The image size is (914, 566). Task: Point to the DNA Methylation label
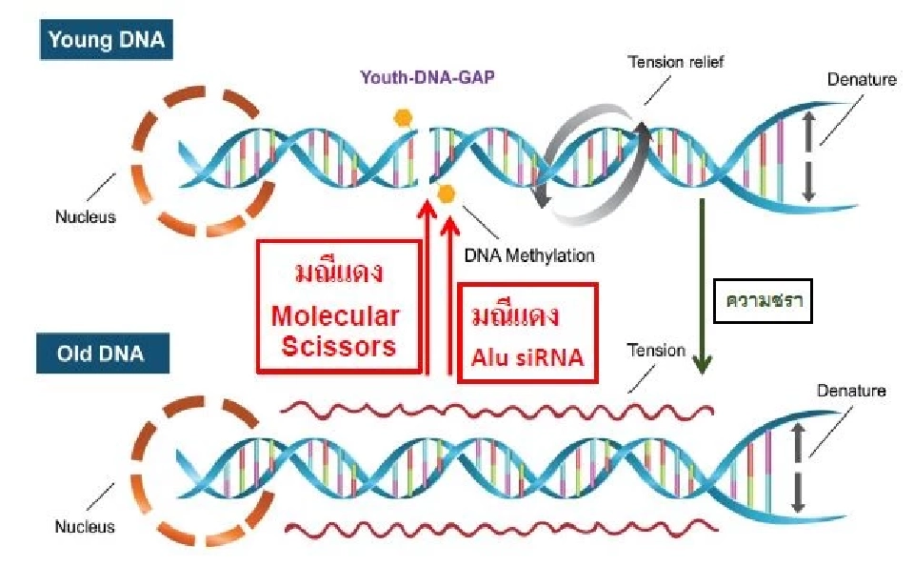click(x=528, y=255)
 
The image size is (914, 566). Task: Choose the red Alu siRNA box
click(x=527, y=333)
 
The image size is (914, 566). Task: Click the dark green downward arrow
click(x=703, y=286)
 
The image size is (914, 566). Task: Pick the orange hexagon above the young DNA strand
click(x=404, y=118)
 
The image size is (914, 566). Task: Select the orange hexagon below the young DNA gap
click(x=446, y=193)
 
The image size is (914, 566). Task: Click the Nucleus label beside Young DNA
click(x=85, y=216)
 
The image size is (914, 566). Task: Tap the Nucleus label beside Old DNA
click(x=85, y=527)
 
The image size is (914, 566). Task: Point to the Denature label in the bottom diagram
click(x=851, y=391)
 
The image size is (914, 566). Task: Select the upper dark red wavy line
click(x=495, y=410)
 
